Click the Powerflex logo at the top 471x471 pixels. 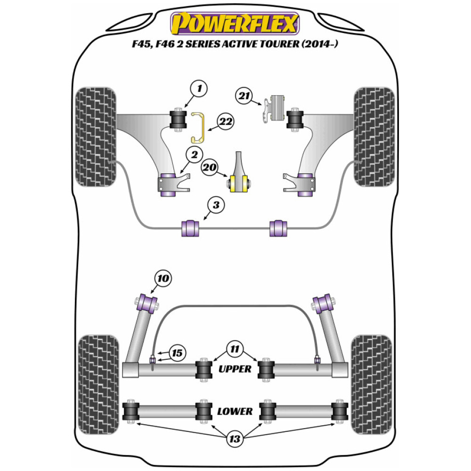(x=235, y=24)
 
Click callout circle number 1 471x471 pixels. (x=199, y=89)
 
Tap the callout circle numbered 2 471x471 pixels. (x=194, y=154)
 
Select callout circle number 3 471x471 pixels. (x=216, y=205)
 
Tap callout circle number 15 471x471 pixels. (x=177, y=353)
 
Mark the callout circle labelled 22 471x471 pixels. (x=225, y=122)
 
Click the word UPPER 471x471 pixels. (x=235, y=369)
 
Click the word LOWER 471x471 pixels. (x=235, y=411)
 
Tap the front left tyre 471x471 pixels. (x=96, y=137)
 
